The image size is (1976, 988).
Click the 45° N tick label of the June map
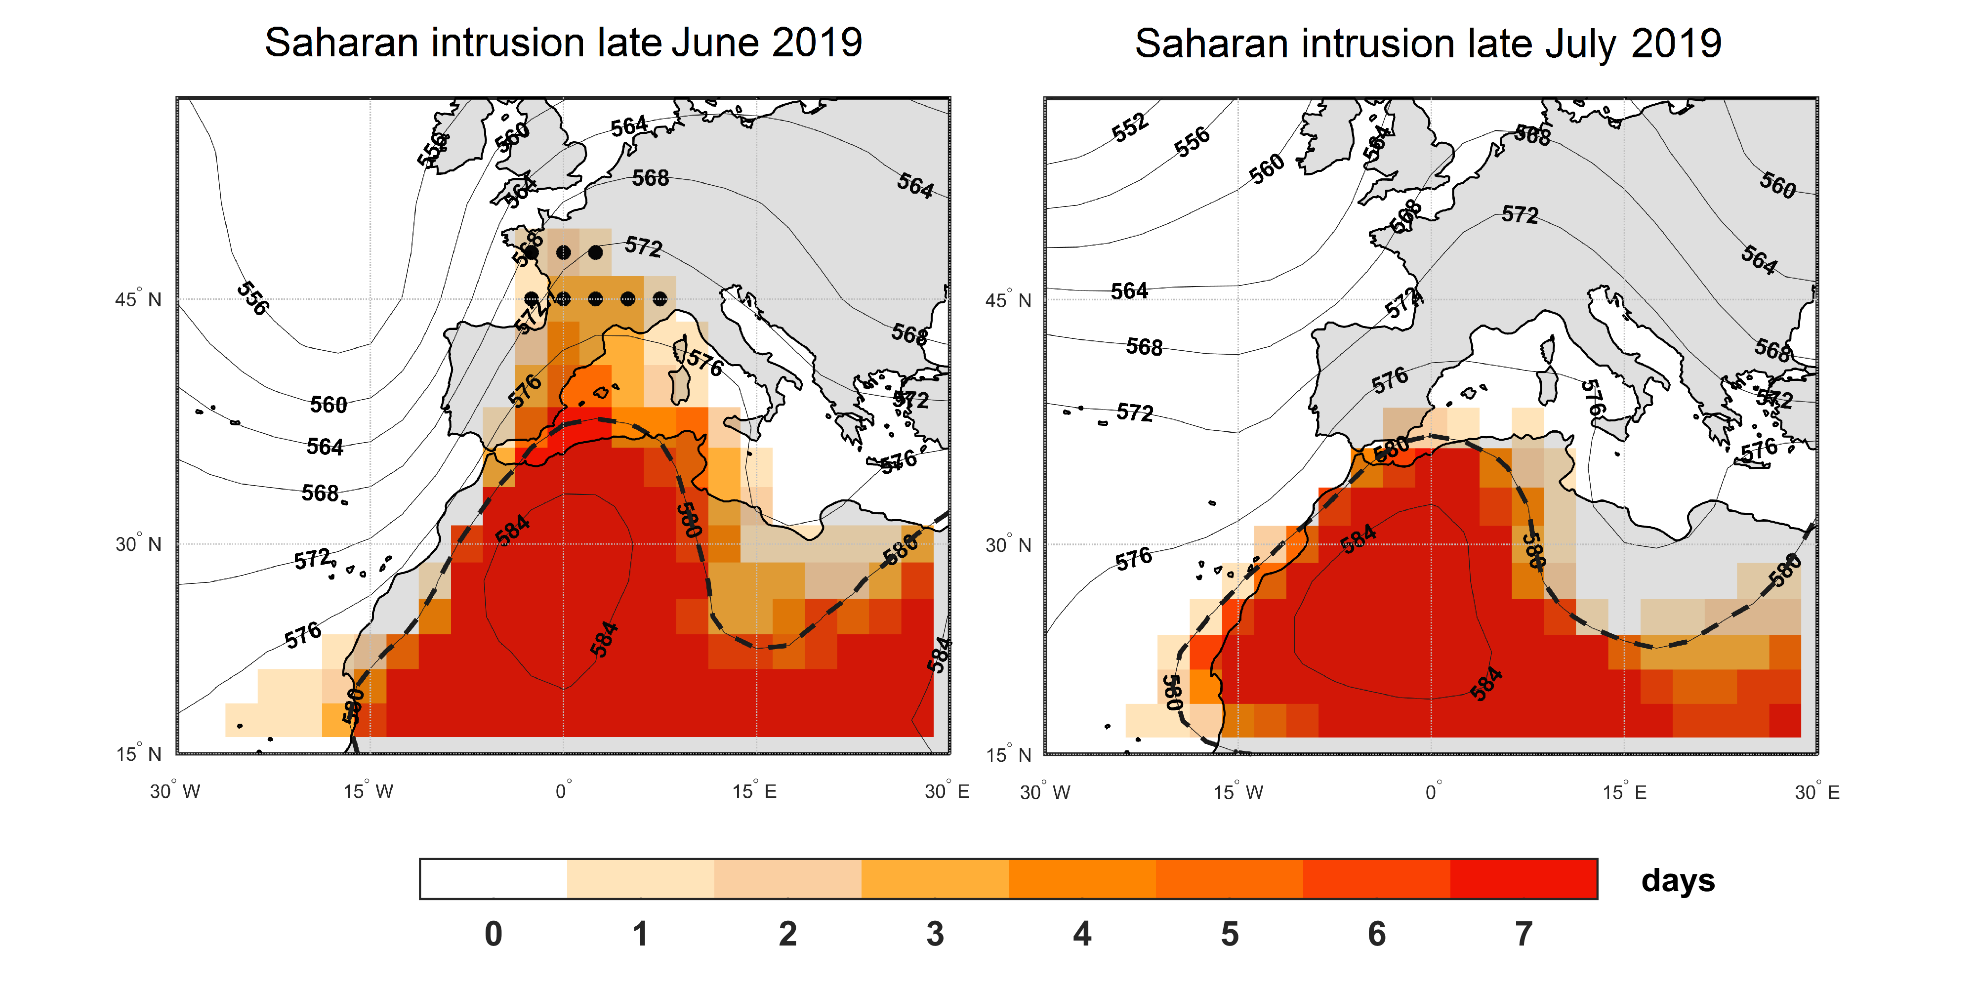(139, 299)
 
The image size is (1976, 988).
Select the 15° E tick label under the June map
(754, 791)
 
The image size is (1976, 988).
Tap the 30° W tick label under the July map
(1045, 791)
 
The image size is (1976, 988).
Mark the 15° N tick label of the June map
(139, 753)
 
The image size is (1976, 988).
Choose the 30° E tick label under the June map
(947, 791)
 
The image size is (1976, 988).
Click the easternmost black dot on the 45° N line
(659, 298)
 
